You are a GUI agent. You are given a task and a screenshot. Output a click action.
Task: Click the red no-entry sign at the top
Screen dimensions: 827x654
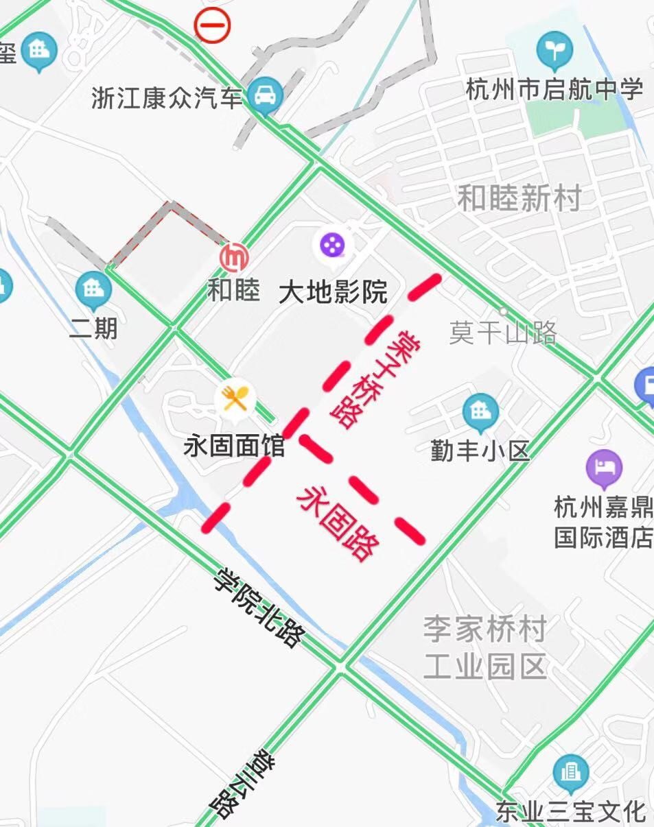[x=213, y=26]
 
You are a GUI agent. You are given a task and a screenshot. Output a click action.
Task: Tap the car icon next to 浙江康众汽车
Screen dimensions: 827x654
[x=266, y=95]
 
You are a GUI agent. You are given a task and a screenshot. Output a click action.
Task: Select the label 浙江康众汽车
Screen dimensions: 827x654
[x=167, y=98]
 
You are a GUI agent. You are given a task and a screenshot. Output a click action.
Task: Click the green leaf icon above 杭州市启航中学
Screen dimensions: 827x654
[x=554, y=50]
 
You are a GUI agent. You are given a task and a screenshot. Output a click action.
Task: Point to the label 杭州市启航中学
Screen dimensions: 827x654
[x=554, y=89]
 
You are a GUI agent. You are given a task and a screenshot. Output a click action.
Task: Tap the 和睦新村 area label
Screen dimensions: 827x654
[x=519, y=199]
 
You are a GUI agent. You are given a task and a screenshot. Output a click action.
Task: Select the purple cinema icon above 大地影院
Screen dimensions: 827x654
[x=333, y=244]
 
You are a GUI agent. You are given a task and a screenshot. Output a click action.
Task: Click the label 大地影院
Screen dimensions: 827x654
[x=333, y=293]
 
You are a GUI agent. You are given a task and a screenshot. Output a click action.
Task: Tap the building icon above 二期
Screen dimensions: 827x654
[x=93, y=289]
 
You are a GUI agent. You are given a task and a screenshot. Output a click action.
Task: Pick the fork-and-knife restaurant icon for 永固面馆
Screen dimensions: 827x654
[x=235, y=398]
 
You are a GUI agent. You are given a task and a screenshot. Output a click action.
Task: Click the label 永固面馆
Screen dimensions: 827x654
[x=234, y=447]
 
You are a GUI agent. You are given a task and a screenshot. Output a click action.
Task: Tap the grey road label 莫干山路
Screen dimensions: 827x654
[x=502, y=333]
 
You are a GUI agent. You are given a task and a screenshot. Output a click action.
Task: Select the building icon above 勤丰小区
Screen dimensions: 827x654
[x=480, y=411]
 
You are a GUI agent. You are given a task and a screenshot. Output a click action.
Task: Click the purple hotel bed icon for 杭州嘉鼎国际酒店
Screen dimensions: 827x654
[x=604, y=467]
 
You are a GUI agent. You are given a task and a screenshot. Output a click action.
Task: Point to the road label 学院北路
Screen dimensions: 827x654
[x=259, y=608]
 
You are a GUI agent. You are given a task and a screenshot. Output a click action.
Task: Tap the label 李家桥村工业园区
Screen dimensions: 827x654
[x=484, y=647]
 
